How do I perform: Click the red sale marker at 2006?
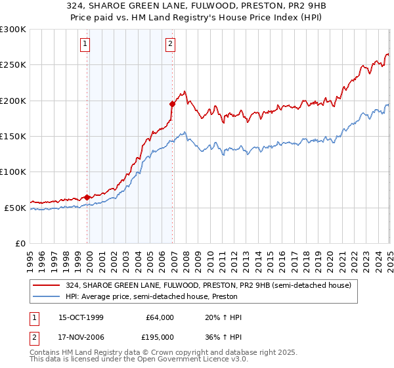(172, 104)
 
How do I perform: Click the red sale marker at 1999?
(87, 197)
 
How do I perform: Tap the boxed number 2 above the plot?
(170, 45)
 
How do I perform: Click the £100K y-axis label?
(13, 172)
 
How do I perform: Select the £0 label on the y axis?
(20, 243)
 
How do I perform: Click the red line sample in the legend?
(47, 285)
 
